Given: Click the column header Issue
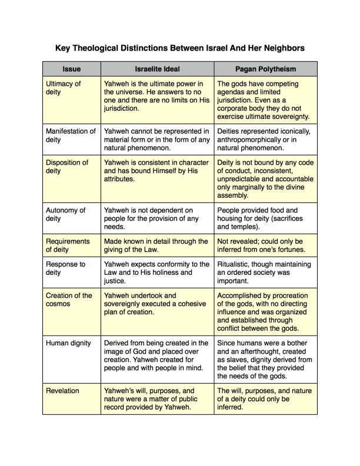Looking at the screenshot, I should point(71,69).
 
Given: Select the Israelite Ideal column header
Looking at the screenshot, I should point(157,69).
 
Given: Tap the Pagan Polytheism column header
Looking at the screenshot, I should point(265,69).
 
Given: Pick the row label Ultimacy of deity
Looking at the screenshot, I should point(64,88).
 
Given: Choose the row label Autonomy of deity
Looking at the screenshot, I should point(65,214).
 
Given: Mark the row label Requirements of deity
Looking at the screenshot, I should point(68,246).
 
